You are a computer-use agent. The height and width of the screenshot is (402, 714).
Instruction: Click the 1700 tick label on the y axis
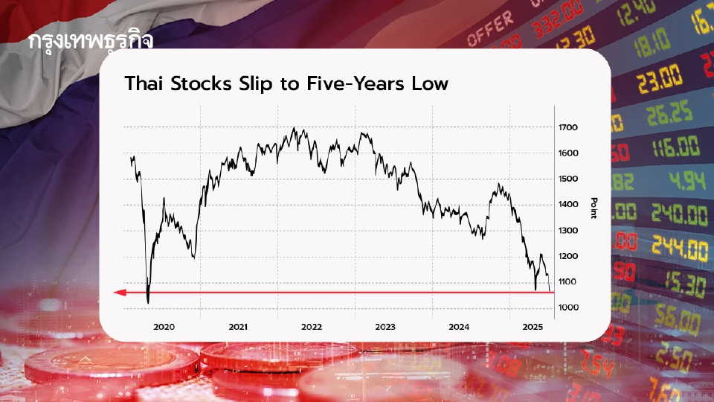click(568, 127)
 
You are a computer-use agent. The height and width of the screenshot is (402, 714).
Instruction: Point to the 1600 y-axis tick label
click(568, 153)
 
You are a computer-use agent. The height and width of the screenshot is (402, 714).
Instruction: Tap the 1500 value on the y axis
click(568, 179)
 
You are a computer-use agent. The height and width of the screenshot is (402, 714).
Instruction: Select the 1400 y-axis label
click(568, 205)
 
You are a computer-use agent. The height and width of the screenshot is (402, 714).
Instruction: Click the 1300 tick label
click(568, 230)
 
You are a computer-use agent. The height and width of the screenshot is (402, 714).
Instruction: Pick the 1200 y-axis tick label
click(568, 256)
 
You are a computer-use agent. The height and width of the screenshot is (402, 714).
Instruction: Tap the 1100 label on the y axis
click(568, 281)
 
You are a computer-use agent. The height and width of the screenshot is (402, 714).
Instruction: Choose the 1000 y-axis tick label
click(568, 307)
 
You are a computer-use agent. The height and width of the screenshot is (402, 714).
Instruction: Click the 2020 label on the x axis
click(164, 327)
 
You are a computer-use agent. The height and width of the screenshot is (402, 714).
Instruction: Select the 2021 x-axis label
click(238, 327)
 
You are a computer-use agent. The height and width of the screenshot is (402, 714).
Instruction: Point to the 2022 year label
click(311, 327)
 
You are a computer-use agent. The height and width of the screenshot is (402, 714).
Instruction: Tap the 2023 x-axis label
click(385, 327)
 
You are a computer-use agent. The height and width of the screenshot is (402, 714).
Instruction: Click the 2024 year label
click(459, 327)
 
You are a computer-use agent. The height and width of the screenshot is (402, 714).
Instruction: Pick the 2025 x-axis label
click(533, 327)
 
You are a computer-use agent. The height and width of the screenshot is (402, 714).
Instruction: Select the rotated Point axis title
click(594, 208)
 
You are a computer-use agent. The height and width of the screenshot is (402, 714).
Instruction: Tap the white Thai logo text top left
click(90, 41)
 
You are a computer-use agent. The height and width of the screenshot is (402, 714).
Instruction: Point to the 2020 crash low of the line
click(148, 302)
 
